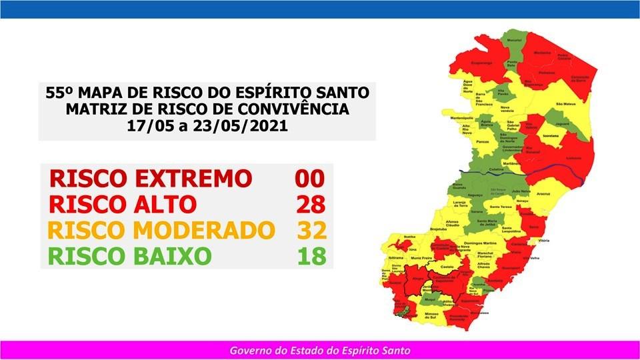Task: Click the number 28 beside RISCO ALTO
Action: (x=311, y=203)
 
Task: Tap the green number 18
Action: (x=311, y=255)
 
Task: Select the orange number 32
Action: (x=311, y=230)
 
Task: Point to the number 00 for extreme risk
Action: (x=310, y=178)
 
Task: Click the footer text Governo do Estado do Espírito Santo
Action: (x=320, y=350)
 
